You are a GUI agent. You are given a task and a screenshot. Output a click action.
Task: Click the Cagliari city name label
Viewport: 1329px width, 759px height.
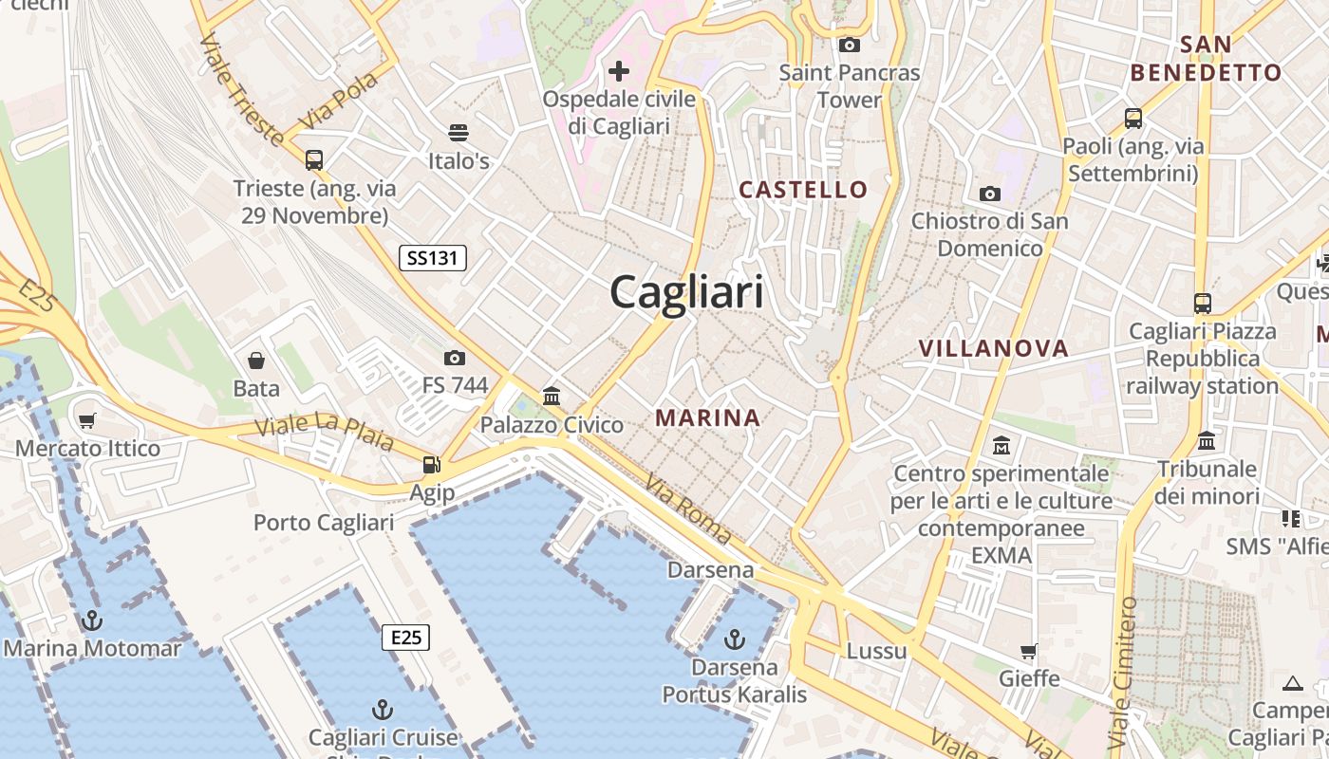click(x=686, y=291)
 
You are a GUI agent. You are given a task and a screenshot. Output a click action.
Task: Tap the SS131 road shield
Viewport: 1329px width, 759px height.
click(x=433, y=257)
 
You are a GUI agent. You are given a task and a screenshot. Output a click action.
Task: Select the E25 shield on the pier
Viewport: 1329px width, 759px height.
click(x=405, y=637)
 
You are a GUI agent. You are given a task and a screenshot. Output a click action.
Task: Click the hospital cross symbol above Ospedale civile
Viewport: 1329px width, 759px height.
click(x=619, y=71)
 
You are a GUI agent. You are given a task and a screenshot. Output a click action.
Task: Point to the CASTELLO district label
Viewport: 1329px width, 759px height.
click(x=803, y=190)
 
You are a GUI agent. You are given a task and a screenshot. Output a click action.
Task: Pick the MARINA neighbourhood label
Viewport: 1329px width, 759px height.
click(x=708, y=417)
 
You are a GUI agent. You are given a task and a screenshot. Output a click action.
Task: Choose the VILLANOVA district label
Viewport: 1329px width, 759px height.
click(x=993, y=348)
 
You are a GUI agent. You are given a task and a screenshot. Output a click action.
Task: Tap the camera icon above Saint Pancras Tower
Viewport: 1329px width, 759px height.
click(x=850, y=45)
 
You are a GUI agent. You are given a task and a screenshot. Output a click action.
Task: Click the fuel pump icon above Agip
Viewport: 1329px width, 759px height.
click(x=432, y=465)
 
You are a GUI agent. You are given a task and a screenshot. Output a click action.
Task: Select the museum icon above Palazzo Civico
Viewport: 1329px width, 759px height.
click(x=552, y=396)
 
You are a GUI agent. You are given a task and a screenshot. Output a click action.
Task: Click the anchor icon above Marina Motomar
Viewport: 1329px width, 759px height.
click(x=92, y=621)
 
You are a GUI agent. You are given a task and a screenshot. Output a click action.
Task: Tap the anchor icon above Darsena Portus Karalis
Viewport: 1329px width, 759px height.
click(x=734, y=639)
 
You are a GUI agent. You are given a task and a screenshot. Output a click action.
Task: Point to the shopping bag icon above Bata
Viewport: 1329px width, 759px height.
click(x=256, y=361)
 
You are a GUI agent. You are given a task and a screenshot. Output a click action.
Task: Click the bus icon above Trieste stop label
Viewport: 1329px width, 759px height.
click(x=314, y=160)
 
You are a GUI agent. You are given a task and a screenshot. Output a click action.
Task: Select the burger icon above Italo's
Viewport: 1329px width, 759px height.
click(x=459, y=133)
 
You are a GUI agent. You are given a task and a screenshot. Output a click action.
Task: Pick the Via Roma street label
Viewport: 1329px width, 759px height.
click(x=688, y=509)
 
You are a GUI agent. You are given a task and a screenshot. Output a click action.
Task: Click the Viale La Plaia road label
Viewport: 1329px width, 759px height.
click(x=324, y=433)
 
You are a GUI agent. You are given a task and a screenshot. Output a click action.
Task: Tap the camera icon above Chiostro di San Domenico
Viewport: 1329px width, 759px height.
click(x=990, y=194)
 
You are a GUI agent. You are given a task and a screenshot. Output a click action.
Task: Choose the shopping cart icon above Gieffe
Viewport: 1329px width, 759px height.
click(x=1029, y=651)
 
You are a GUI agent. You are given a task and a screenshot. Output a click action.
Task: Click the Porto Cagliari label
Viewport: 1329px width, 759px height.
click(x=324, y=523)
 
